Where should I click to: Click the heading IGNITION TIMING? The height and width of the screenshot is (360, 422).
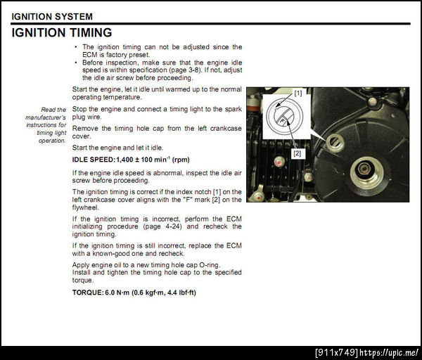62,33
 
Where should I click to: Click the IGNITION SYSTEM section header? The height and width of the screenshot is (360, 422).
52,17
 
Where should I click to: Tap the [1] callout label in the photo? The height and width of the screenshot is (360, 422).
298,93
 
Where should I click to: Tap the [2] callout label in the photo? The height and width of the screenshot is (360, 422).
297,153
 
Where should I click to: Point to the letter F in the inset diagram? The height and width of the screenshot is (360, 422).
282,122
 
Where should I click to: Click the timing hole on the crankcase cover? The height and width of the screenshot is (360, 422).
335,142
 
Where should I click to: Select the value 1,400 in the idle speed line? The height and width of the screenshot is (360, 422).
124,160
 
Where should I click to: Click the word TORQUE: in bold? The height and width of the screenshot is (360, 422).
88,292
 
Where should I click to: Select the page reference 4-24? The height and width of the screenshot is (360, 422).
174,226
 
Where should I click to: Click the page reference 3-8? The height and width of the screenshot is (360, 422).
194,70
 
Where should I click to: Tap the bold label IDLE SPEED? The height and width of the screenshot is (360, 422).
94,160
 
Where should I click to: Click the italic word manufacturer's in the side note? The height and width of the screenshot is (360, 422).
46,117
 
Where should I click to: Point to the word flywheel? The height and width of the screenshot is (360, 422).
85,207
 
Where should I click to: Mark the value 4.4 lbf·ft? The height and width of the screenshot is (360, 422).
181,292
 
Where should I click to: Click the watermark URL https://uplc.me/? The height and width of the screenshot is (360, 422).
389,352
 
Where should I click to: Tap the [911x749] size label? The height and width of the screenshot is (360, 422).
337,352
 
